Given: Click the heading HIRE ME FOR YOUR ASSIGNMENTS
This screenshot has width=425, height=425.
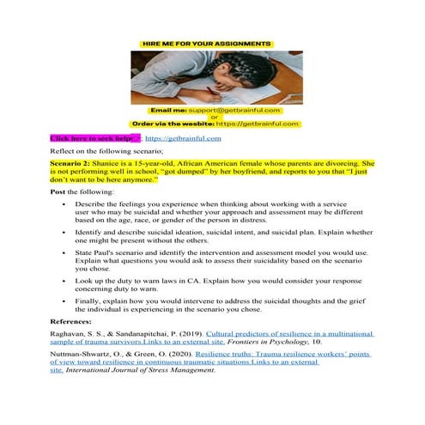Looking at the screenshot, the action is pyautogui.click(x=212, y=42).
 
